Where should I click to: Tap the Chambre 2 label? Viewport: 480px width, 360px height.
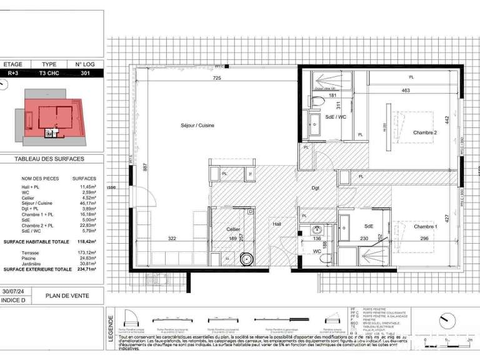tap(424, 132)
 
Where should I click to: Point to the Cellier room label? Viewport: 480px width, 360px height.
tap(234, 229)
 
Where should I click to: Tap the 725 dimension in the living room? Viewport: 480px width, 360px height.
tap(217, 79)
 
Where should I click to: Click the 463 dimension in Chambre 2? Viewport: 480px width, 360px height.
tap(406, 91)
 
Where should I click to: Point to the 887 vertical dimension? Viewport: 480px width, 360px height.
tap(144, 167)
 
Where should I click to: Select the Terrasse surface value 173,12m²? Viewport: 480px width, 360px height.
tap(87, 251)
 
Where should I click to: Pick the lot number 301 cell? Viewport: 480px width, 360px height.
tap(85, 73)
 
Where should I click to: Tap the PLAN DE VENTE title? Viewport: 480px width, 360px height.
tap(67, 296)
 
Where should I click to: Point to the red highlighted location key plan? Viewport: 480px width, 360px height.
tap(51, 114)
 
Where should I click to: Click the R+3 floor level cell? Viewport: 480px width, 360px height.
tap(14, 73)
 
